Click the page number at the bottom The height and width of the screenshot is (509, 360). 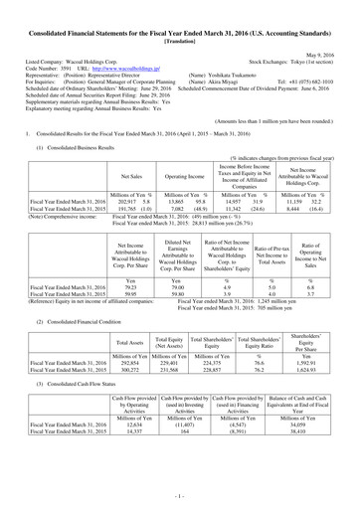click(179, 493)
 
